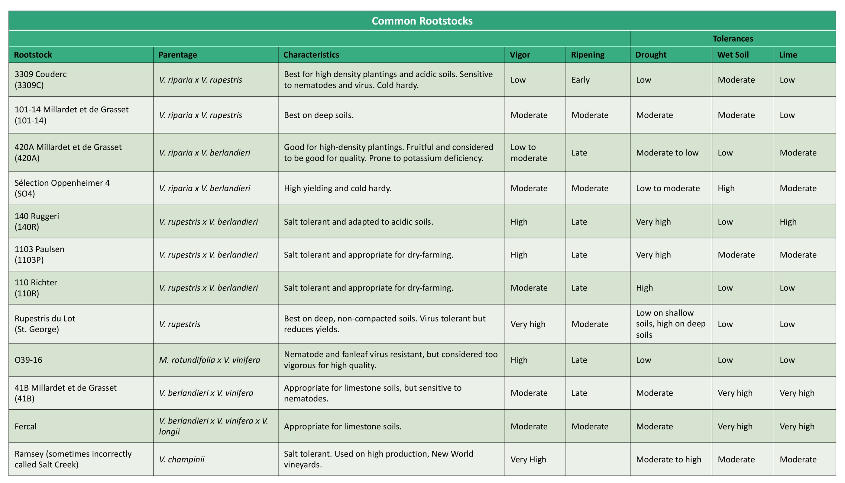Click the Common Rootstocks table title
point(422,21)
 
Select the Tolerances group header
point(733,38)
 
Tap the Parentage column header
point(178,55)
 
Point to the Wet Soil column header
point(733,55)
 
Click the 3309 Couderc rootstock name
point(40,80)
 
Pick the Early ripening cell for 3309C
point(580,80)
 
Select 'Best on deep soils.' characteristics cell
point(319,115)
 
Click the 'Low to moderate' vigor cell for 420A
point(529,152)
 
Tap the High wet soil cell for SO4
point(726,188)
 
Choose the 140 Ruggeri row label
point(37,221)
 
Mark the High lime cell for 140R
point(788,222)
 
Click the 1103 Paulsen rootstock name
point(39,254)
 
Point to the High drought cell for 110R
point(644,288)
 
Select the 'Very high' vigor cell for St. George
point(528,324)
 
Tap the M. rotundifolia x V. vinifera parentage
point(209,360)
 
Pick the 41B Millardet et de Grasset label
point(65,393)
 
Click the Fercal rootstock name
point(26,426)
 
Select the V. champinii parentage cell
point(182,459)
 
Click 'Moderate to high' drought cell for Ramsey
point(669,459)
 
